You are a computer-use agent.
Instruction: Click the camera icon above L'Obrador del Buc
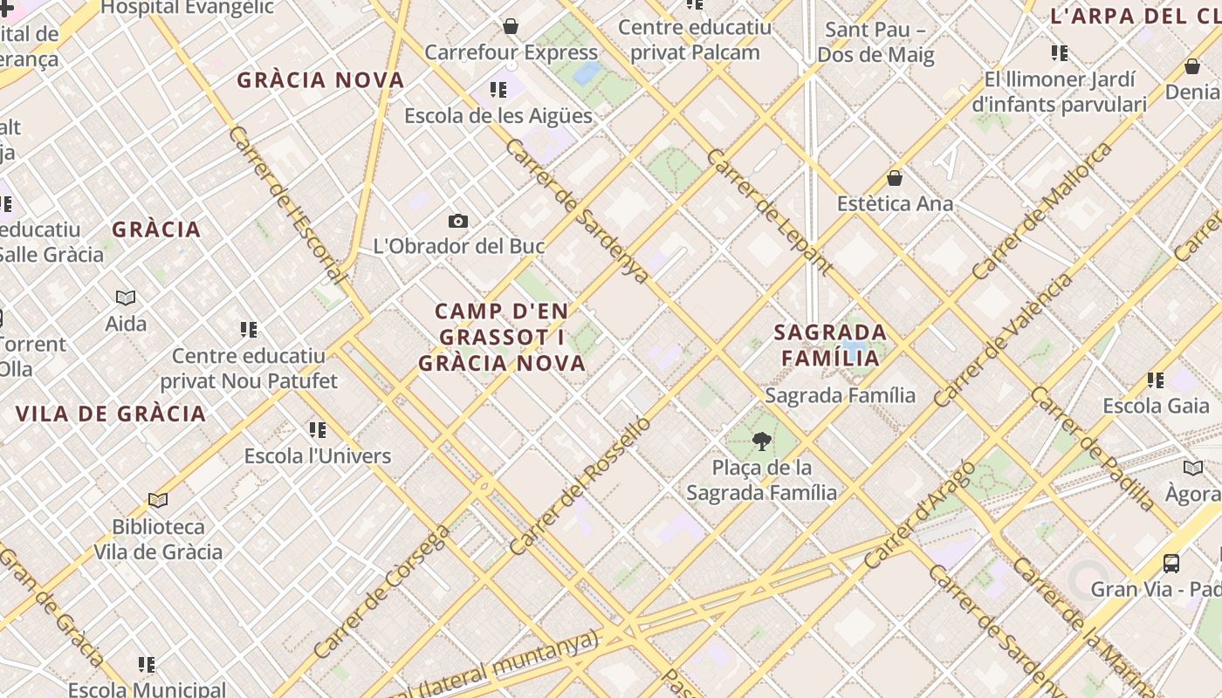coord(458,222)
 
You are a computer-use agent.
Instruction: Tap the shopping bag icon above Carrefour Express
coord(511,26)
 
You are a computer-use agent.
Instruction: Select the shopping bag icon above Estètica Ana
coord(895,179)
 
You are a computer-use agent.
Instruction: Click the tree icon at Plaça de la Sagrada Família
coord(762,442)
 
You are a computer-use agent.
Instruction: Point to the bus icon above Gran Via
coord(1171,564)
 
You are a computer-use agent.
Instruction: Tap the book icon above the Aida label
coord(126,298)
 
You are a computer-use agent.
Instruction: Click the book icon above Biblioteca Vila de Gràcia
coord(158,501)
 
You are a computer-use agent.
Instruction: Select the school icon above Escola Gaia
coord(1156,380)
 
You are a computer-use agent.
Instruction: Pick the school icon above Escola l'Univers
coord(318,430)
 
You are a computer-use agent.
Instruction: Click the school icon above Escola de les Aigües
coord(498,90)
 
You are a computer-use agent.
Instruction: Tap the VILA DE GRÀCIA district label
coord(111,414)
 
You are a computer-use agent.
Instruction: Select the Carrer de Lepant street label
coord(769,212)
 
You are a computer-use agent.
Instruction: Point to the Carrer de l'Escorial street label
coord(286,205)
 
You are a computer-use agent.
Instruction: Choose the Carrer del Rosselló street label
coord(580,486)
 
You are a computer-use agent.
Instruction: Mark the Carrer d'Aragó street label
coord(920,515)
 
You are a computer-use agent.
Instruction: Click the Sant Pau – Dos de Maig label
coord(875,42)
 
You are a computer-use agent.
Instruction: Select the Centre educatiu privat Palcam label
coord(695,39)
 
